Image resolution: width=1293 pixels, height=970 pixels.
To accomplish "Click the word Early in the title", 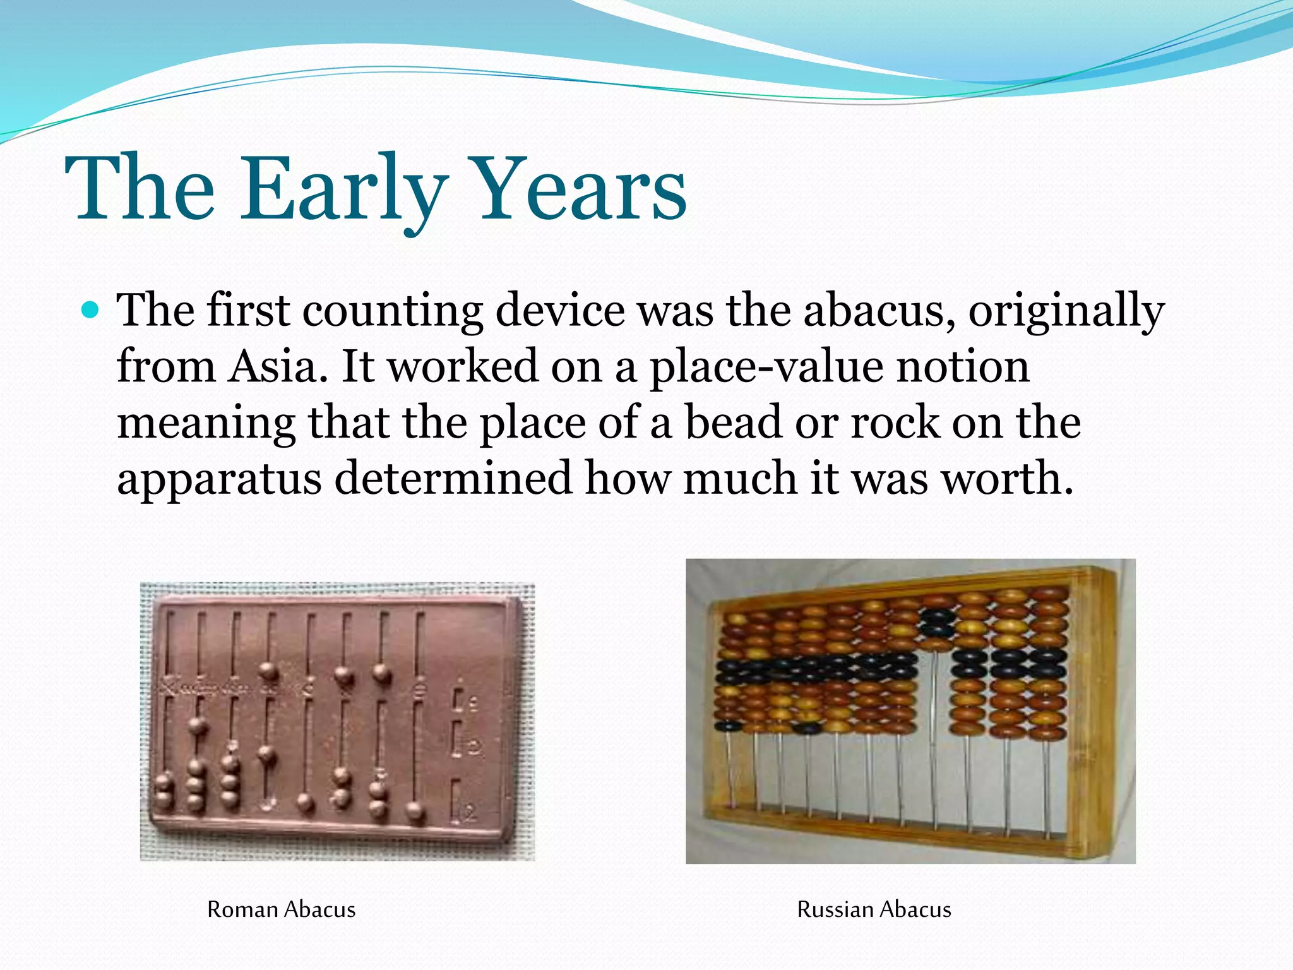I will [x=344, y=189].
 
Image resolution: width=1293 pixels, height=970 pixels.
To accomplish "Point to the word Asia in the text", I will [x=272, y=367].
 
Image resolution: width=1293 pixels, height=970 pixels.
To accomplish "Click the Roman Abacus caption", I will [x=281, y=909].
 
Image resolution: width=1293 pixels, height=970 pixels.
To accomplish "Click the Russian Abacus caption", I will [x=874, y=909].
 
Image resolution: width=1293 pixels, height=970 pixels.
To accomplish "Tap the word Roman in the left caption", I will [x=242, y=909].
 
